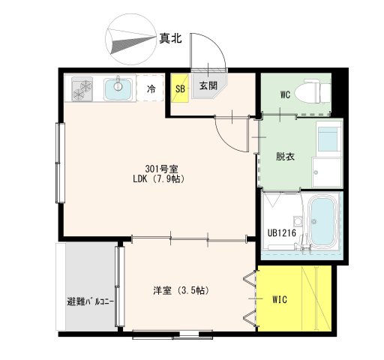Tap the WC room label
click(x=286, y=95)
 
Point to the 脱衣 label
click(x=284, y=157)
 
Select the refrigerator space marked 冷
click(x=151, y=88)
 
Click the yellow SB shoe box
click(x=179, y=88)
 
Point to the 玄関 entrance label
click(x=208, y=85)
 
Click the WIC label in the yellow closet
click(x=280, y=300)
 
